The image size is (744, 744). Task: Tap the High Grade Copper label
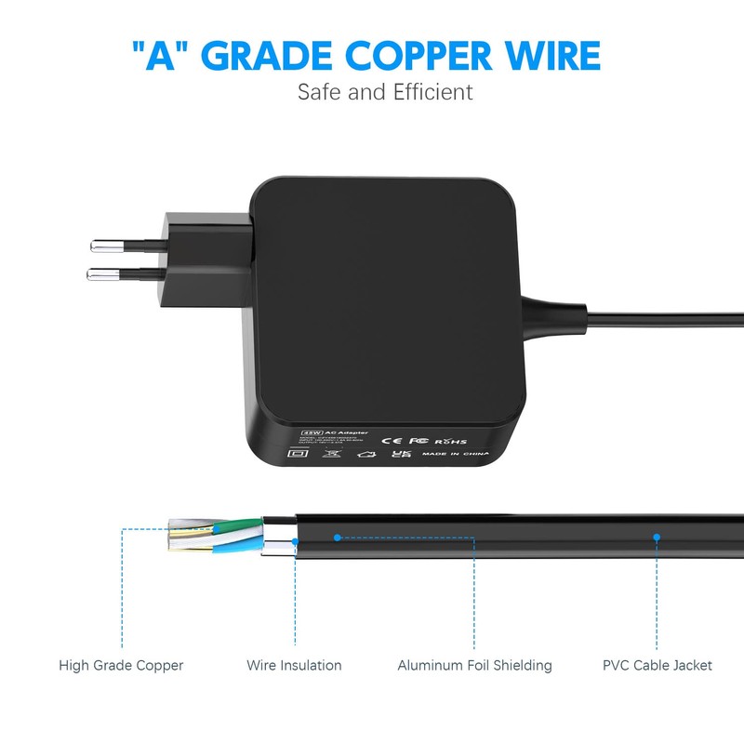coord(121,665)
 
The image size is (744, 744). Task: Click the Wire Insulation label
coord(294,665)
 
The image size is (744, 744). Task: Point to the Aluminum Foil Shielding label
coord(474,665)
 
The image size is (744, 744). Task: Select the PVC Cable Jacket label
coord(657,665)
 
